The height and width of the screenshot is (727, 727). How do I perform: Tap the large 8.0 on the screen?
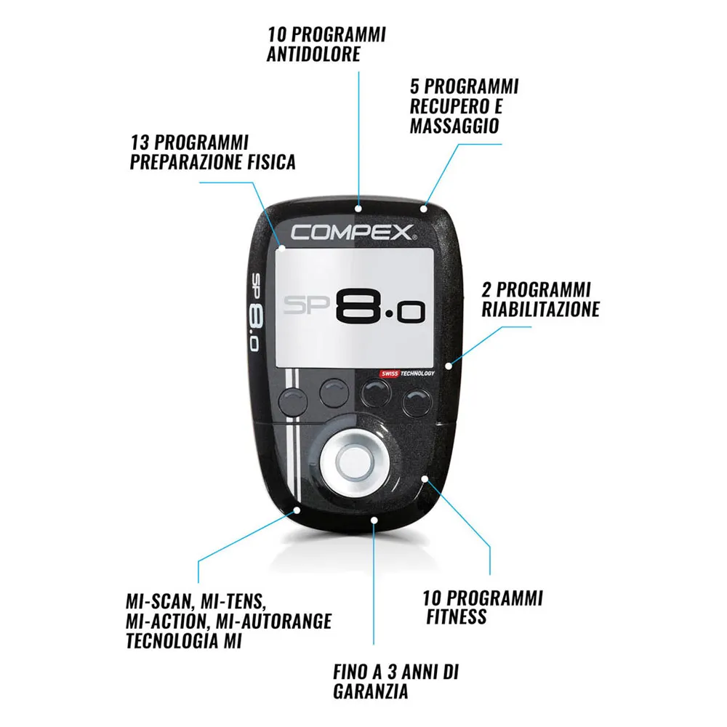click(x=380, y=309)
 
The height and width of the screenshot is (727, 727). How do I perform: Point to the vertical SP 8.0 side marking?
click(x=256, y=313)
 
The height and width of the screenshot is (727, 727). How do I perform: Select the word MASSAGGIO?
click(x=454, y=125)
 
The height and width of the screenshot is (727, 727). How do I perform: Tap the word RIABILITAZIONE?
click(x=540, y=309)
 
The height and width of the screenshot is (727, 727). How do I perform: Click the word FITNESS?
click(x=457, y=618)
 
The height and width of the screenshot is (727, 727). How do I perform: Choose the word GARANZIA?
click(x=371, y=692)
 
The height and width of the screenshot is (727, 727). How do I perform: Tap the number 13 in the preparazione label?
click(x=140, y=141)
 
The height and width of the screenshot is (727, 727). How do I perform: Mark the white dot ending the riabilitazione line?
click(x=449, y=364)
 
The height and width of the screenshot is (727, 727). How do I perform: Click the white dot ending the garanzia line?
click(x=374, y=519)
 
